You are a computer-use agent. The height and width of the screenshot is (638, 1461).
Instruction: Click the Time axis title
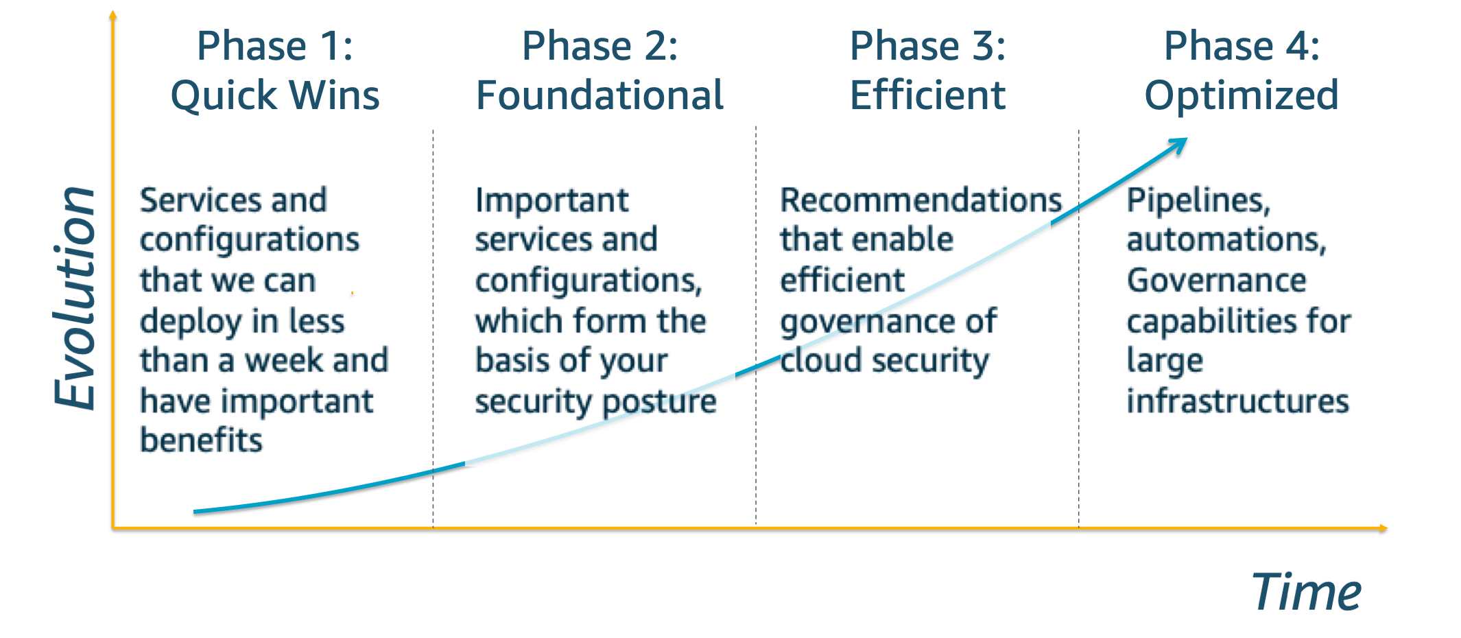(1307, 592)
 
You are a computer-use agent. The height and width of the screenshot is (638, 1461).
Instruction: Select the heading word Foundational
(600, 95)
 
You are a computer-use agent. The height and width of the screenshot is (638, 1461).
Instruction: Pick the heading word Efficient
(927, 95)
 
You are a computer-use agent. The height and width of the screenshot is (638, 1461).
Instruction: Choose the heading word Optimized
(1242, 95)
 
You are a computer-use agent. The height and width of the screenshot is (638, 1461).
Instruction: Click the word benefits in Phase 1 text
(201, 440)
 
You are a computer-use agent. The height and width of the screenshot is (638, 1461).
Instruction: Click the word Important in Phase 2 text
(551, 200)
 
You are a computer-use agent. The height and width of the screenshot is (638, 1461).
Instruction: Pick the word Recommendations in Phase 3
(921, 200)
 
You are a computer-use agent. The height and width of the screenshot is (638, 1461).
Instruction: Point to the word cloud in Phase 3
(820, 361)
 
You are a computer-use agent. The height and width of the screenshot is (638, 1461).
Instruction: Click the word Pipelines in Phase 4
(1198, 200)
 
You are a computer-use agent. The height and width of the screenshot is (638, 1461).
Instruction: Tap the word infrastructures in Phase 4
(1237, 401)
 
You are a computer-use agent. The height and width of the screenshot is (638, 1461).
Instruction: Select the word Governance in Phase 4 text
(1216, 281)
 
